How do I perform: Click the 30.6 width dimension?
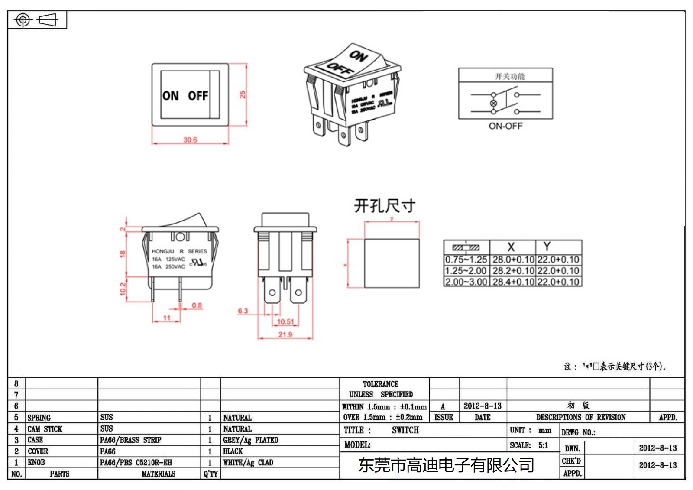(x=190, y=140)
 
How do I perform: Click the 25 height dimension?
(x=243, y=94)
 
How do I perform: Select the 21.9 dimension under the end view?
(x=285, y=334)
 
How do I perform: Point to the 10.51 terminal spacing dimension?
(x=285, y=321)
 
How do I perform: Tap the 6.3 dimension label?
(x=243, y=311)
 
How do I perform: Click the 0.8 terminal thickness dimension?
(x=197, y=305)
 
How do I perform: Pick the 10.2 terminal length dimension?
(x=123, y=289)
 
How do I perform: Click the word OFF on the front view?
(x=198, y=96)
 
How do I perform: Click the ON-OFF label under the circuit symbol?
(x=505, y=126)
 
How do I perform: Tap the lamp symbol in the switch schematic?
(x=493, y=103)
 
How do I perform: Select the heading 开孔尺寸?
(x=385, y=206)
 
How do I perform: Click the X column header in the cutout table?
(x=511, y=247)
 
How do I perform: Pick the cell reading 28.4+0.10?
(x=513, y=282)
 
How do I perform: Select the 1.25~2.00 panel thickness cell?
(x=466, y=271)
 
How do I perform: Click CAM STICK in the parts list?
(x=45, y=429)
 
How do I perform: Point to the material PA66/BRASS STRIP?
(x=130, y=440)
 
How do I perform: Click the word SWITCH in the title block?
(x=405, y=430)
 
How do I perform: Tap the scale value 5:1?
(x=543, y=445)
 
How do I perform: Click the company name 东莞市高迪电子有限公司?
(x=446, y=465)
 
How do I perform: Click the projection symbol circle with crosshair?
(x=23, y=20)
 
